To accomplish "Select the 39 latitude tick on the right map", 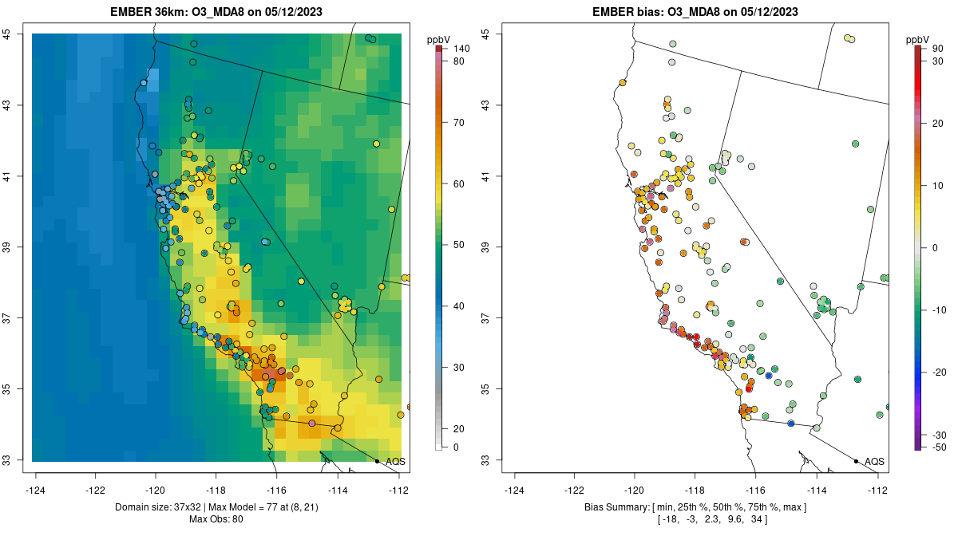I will click(x=486, y=246).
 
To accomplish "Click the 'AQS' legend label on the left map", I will click(x=395, y=461).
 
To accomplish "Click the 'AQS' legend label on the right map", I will click(x=874, y=461).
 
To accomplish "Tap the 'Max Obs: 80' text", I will click(x=216, y=519).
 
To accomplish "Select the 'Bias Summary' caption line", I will click(x=695, y=508).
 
